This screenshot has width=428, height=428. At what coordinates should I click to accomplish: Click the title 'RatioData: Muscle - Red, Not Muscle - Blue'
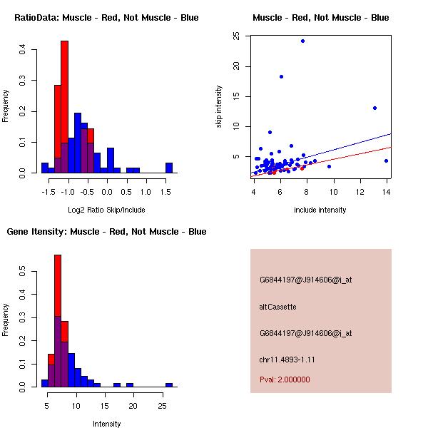106,18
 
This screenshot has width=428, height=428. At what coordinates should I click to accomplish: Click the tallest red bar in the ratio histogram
64,107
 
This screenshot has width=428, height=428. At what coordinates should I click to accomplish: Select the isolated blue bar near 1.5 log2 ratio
169,168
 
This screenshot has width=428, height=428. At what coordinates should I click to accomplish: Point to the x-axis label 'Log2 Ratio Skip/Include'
106,209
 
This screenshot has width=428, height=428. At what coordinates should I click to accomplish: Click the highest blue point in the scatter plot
302,41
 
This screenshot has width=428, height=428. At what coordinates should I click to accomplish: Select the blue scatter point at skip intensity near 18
281,76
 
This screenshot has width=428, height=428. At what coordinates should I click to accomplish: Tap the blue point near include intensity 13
374,108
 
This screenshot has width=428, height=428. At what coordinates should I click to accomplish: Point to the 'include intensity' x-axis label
320,209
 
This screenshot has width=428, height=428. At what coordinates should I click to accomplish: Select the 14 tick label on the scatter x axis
386,190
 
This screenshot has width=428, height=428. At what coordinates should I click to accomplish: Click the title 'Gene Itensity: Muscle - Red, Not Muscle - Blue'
106,232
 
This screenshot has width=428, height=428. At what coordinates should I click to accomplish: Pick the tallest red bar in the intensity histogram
58,321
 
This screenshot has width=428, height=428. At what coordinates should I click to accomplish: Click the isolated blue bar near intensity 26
169,384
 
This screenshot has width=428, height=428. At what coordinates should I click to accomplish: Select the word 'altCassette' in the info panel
277,307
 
